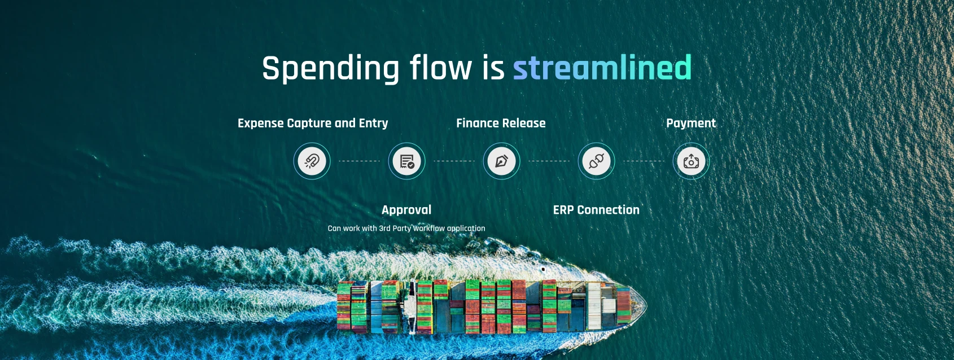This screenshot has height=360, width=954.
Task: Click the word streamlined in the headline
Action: (602, 68)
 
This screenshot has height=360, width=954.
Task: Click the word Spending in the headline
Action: (331, 69)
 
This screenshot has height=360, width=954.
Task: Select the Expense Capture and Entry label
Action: (313, 124)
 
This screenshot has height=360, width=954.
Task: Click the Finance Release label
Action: (501, 124)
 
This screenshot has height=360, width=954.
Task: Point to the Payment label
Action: (691, 124)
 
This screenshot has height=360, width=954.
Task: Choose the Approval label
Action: (406, 210)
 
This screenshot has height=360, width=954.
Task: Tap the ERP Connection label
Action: (596, 210)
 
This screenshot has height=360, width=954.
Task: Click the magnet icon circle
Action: (312, 161)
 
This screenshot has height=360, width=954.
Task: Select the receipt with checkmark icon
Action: (407, 161)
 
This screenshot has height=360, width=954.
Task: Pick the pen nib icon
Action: (501, 161)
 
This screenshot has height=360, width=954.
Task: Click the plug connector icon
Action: (596, 161)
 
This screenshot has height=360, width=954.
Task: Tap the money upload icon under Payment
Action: (691, 161)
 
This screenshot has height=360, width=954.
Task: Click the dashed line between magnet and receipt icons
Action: (359, 161)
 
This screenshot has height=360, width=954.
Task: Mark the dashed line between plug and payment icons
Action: (644, 161)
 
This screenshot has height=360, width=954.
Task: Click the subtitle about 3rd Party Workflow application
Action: (406, 229)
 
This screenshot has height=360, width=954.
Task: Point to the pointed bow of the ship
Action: (646, 304)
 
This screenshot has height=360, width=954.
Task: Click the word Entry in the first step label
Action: (373, 124)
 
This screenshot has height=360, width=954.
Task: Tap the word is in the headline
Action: (493, 68)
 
